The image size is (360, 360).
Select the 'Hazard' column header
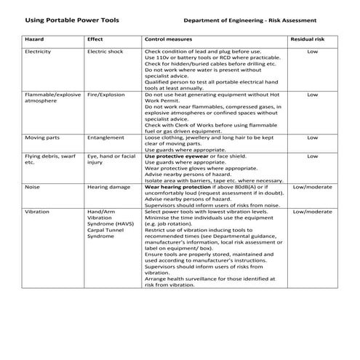(34, 39)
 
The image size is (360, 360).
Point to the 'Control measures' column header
(168, 39)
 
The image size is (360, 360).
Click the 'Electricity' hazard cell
(38, 52)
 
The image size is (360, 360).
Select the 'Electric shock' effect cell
(106, 52)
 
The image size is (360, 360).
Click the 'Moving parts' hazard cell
(41, 137)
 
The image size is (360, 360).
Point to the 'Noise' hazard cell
(32, 187)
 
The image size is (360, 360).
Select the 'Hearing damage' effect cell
(108, 187)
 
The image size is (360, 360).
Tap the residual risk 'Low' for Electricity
(312, 52)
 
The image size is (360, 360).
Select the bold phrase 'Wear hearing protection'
(178, 187)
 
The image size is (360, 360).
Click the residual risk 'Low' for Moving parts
(312, 137)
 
